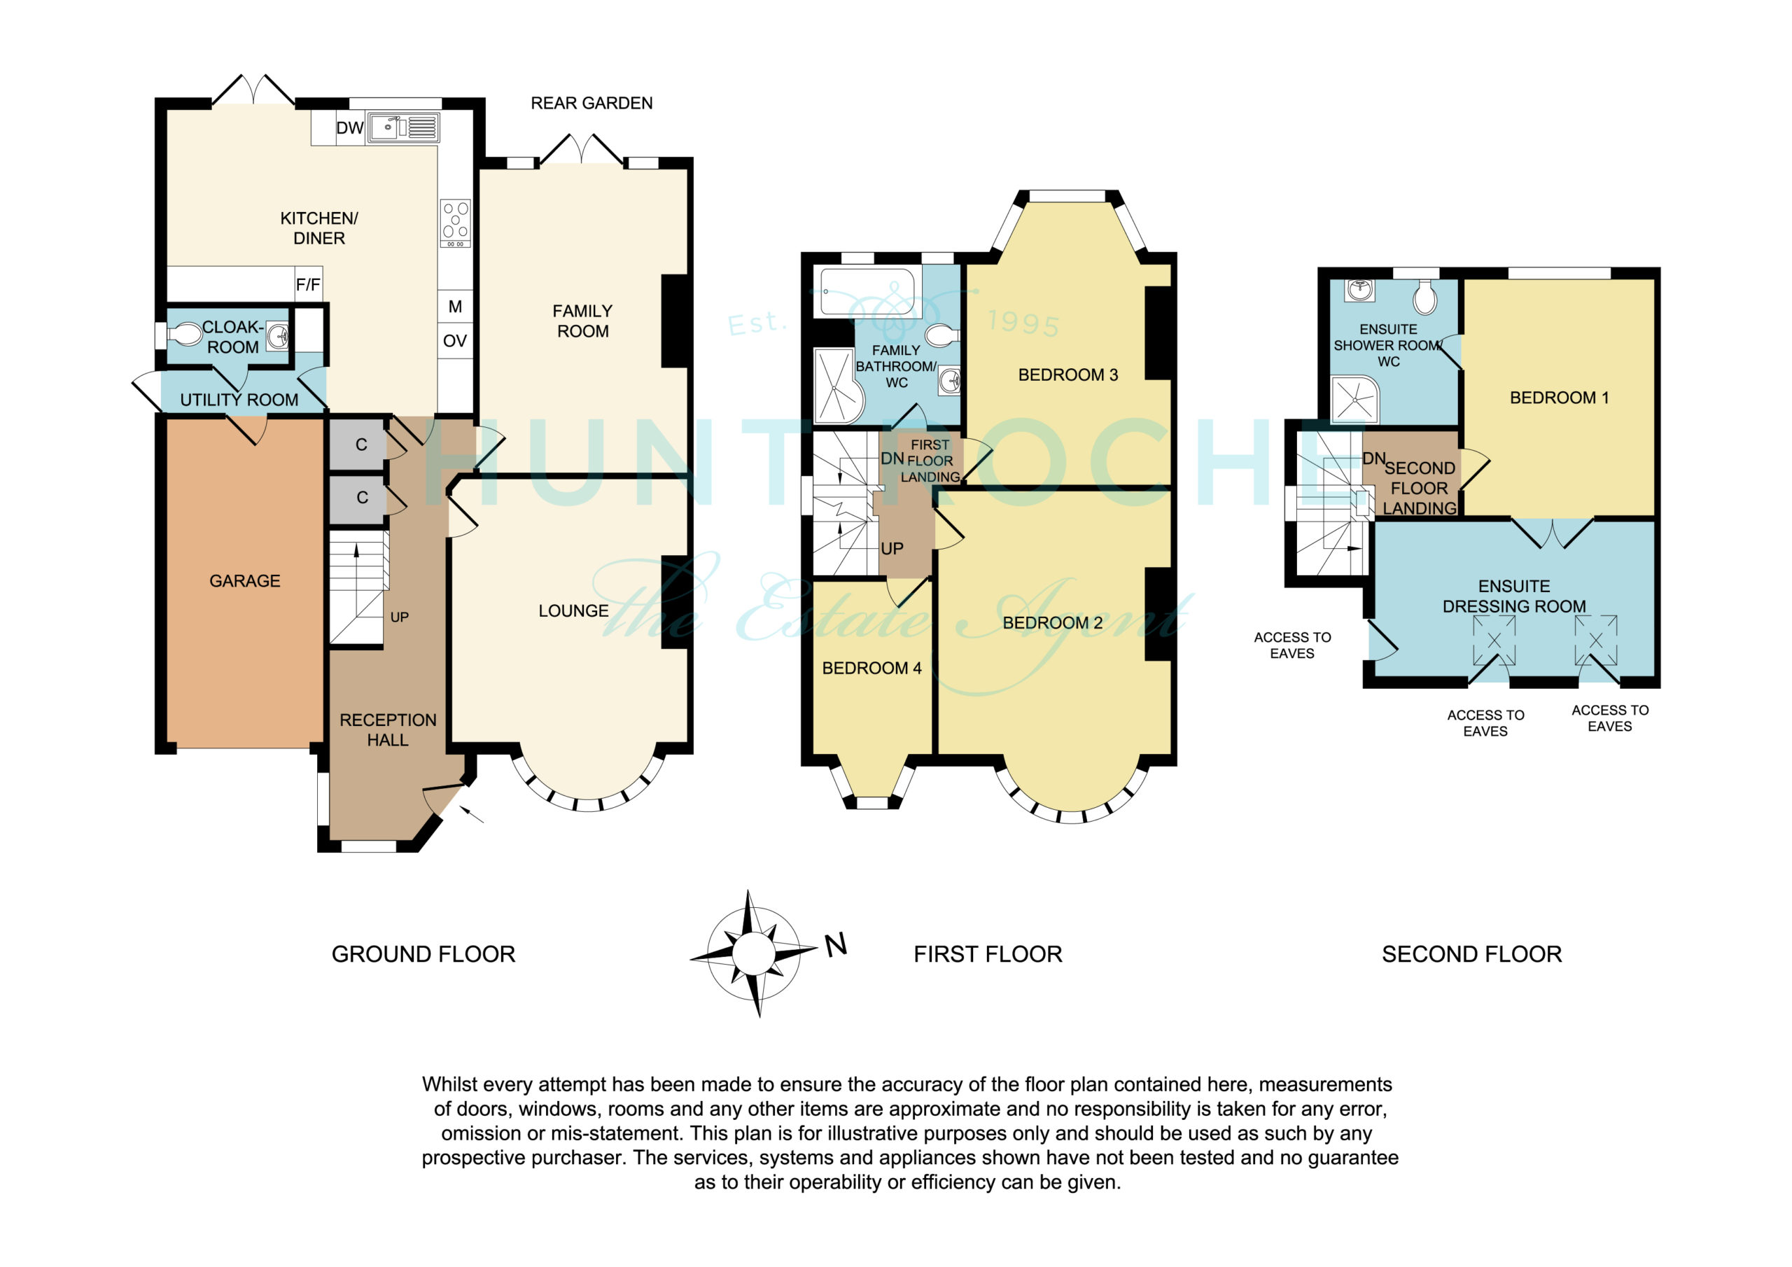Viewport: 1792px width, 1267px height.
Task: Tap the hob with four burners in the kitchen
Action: (456, 223)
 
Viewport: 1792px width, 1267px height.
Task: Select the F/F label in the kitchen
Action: (308, 285)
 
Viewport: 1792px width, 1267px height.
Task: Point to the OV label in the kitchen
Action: (455, 341)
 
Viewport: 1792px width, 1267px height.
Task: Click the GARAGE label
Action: (245, 581)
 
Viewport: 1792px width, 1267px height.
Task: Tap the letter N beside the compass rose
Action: (836, 946)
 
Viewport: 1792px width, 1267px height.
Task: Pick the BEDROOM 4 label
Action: (871, 668)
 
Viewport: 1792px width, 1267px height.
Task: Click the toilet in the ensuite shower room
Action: (1425, 297)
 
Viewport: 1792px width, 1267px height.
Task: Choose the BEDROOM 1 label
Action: (1560, 398)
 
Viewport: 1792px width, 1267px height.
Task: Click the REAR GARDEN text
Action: (591, 103)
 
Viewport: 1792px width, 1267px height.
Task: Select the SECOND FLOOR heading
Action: (1472, 954)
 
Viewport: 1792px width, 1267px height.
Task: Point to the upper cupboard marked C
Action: (358, 444)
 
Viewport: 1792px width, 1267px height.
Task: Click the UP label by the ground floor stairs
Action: (400, 617)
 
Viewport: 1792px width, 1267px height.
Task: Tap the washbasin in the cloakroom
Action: (277, 337)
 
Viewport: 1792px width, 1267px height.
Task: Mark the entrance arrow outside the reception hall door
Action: (472, 814)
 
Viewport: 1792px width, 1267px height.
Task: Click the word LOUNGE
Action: (574, 611)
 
